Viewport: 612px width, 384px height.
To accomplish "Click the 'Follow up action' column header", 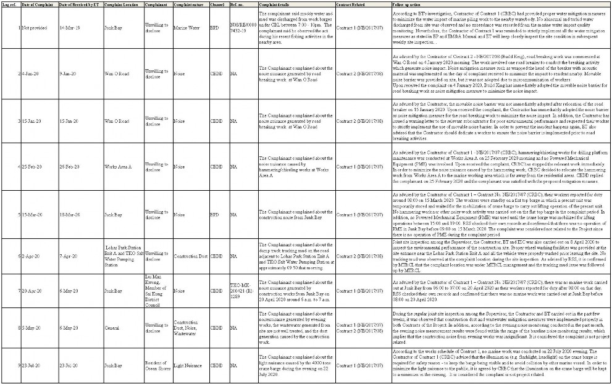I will [409, 4].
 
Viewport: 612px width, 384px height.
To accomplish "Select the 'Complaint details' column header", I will [272, 4].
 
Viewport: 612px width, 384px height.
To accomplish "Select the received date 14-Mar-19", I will [69, 28].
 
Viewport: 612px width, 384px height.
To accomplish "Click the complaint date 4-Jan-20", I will [28, 73].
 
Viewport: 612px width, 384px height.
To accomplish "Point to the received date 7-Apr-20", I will [68, 254].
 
